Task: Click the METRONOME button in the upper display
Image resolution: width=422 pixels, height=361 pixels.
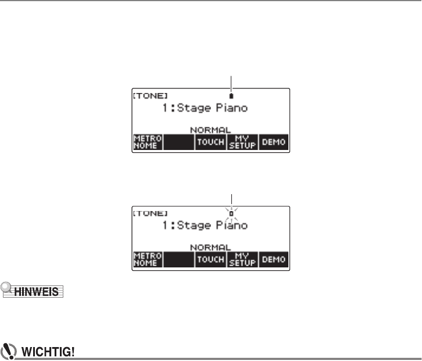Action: [x=147, y=142]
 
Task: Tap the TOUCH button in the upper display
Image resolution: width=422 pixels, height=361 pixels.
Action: [x=210, y=142]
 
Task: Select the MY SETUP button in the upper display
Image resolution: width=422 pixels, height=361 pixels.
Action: [x=242, y=142]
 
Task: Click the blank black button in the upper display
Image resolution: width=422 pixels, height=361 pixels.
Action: [x=178, y=142]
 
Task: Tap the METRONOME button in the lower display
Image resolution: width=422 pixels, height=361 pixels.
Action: [x=147, y=259]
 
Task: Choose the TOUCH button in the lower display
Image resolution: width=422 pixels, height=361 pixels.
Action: [x=210, y=259]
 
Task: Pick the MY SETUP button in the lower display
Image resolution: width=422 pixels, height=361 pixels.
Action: [x=242, y=259]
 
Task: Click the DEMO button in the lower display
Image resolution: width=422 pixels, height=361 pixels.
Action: [x=273, y=259]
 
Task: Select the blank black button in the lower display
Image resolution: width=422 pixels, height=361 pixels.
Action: [x=178, y=259]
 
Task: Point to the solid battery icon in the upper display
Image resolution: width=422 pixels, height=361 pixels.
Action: [x=231, y=95]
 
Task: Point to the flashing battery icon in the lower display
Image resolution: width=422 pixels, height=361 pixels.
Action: [x=231, y=213]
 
